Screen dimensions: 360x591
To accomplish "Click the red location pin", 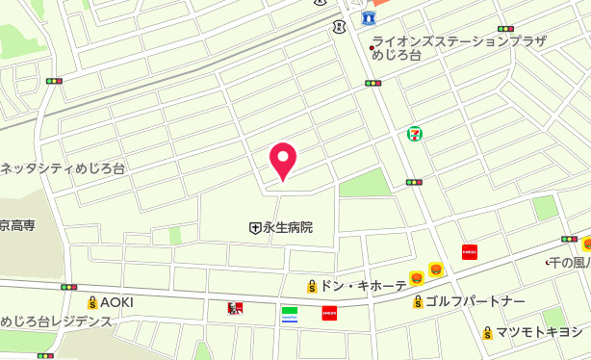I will (282, 159).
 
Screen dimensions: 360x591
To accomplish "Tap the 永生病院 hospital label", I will (288, 228).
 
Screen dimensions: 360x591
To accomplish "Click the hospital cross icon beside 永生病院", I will (255, 228).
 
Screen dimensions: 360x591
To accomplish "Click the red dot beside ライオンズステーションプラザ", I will (373, 47).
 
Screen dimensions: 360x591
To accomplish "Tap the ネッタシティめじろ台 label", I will (63, 167).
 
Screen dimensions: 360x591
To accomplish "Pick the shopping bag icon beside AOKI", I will (92, 302).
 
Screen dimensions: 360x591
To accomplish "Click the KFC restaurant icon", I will (232, 309).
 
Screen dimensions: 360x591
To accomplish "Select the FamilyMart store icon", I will (290, 312).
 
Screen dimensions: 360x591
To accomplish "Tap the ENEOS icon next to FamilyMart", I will (329, 312).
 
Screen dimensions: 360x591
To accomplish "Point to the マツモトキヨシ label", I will (539, 332).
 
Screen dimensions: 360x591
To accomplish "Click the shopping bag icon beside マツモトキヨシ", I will (488, 333).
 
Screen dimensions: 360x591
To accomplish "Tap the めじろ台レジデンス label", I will (57, 321).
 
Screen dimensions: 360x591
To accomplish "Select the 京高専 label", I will (17, 225).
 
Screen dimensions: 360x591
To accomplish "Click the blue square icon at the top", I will (369, 18).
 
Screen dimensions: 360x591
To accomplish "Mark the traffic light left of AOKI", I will (68, 287).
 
